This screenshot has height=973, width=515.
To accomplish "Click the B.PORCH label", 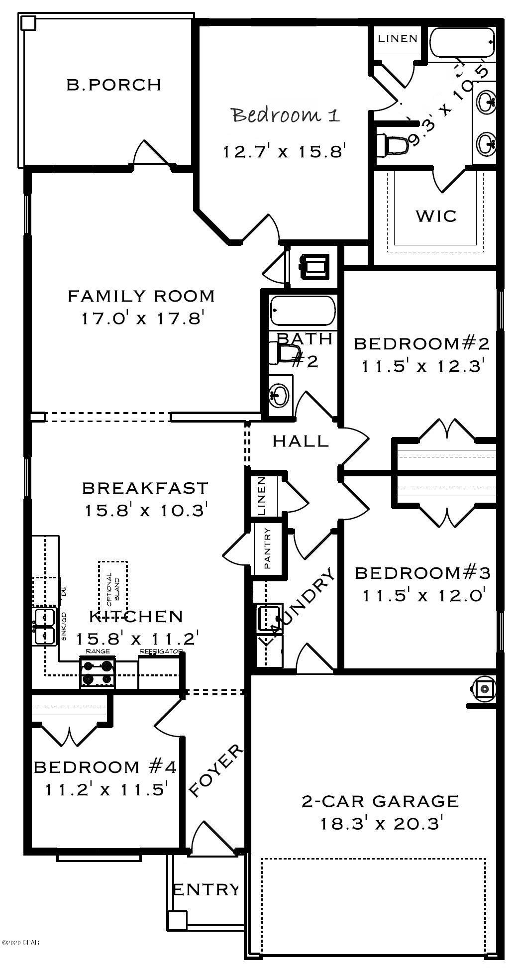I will point(114,85).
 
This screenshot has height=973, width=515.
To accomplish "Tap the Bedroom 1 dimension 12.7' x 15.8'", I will point(284,151).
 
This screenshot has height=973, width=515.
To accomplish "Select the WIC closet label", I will point(436,216).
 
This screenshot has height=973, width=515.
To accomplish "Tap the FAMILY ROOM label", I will point(141,296).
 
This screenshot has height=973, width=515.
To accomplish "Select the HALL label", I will point(301,441).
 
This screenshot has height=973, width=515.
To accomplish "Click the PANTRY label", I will point(268,548).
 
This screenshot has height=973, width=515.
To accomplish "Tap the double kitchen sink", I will point(44,627).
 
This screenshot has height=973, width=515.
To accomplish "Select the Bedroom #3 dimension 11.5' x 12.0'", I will point(424,595).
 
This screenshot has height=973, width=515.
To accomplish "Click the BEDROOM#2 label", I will point(422,344).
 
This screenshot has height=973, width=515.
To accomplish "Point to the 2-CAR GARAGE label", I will point(380,801).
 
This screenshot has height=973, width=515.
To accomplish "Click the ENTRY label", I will point(206,889).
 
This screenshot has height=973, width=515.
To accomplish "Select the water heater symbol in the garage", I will point(483,689).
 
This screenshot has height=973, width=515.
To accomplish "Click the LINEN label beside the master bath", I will point(397,38).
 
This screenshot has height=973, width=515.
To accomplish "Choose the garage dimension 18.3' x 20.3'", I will point(380,824).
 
